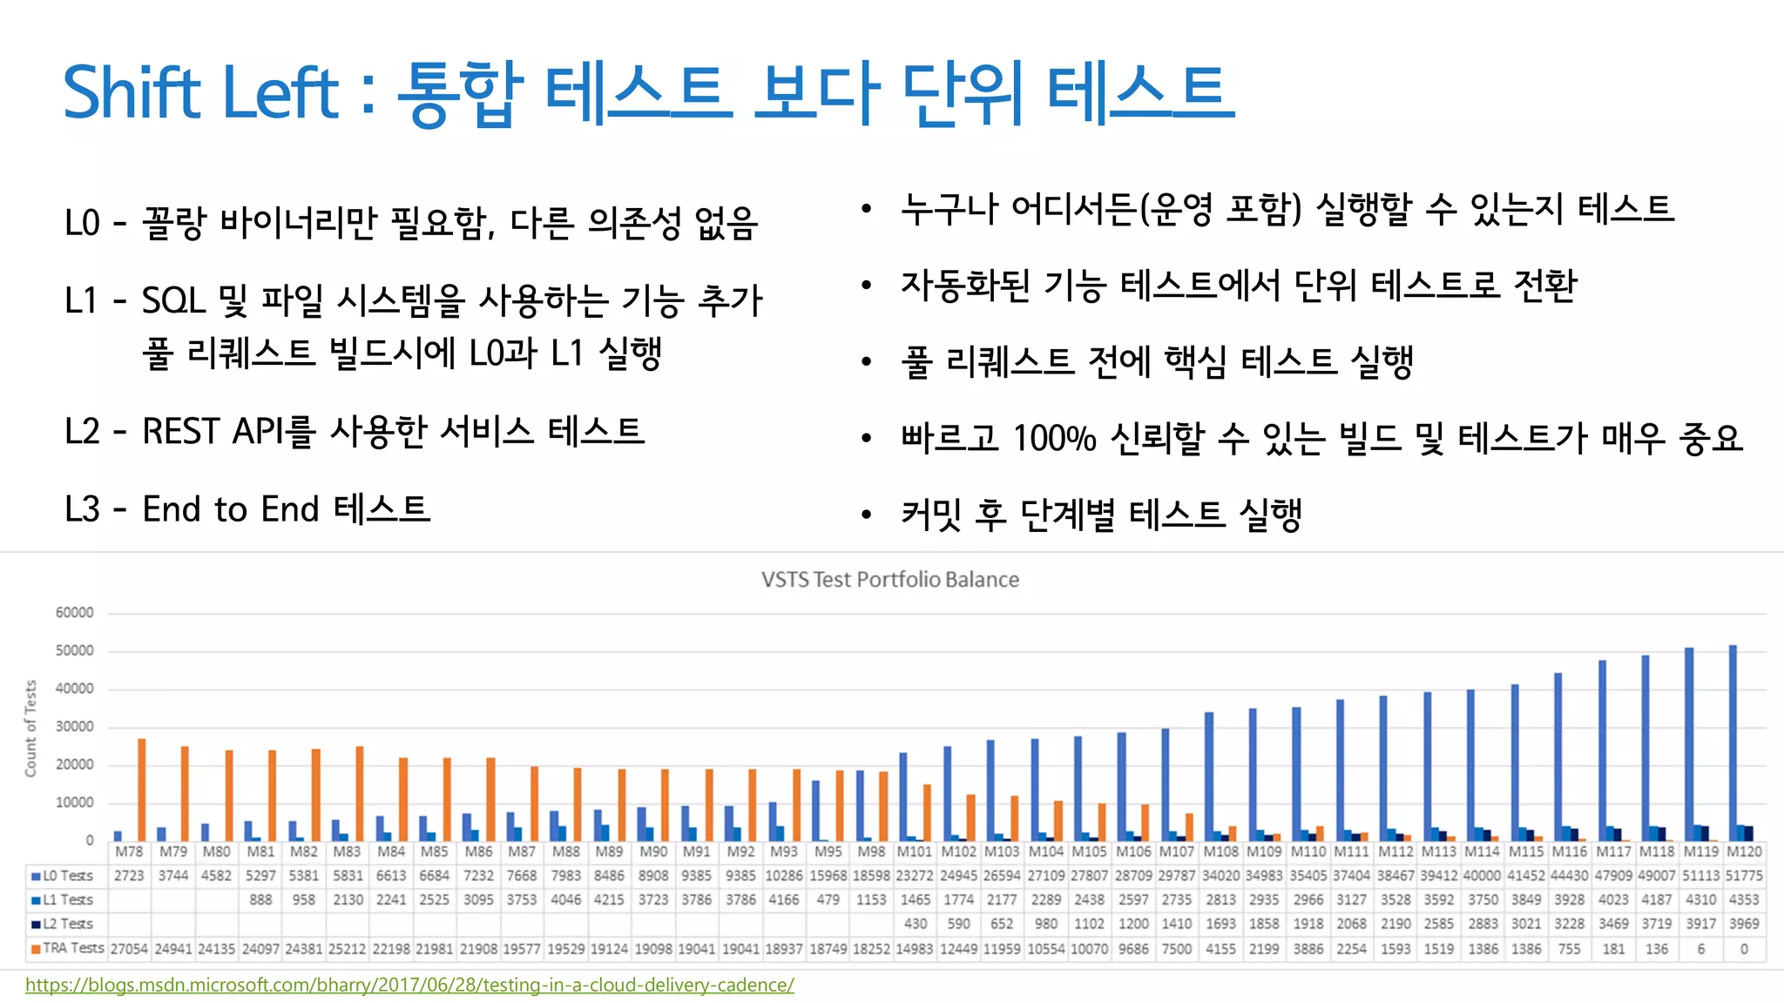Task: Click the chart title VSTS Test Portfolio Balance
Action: point(889,580)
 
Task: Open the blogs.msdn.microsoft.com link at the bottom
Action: point(409,985)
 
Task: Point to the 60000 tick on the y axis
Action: point(75,613)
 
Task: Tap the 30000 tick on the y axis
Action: point(75,727)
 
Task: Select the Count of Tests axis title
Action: point(31,728)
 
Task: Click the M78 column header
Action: point(129,852)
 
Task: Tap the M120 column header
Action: point(1744,852)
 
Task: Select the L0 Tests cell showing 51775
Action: point(1744,876)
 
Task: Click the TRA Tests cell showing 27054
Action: point(129,949)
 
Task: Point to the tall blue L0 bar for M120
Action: point(1733,740)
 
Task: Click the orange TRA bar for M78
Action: point(142,788)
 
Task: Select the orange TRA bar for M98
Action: point(883,805)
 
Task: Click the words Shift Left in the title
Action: point(200,92)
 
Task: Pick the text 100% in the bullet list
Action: point(1054,439)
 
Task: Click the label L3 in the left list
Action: point(83,509)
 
